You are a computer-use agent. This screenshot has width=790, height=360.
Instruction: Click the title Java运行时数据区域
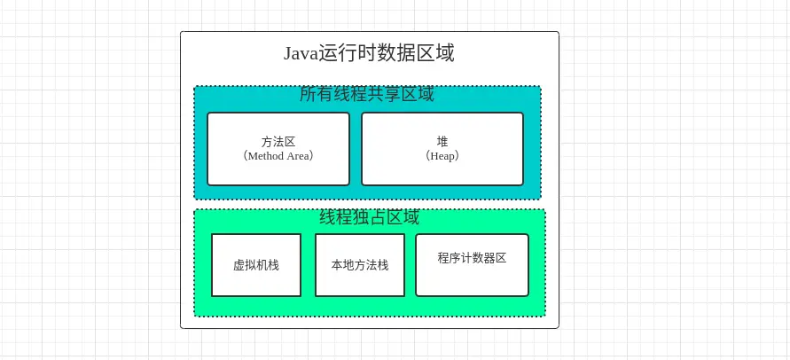coord(369,53)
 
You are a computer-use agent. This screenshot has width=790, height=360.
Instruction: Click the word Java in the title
coord(301,53)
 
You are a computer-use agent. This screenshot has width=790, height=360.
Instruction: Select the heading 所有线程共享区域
coord(366,94)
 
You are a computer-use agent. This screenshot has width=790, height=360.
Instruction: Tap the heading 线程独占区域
coord(369,217)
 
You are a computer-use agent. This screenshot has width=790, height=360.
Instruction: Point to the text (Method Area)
coord(278,155)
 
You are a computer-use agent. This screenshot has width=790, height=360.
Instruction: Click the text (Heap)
coord(442,155)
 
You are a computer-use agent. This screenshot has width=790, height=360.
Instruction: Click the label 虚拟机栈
coord(256,265)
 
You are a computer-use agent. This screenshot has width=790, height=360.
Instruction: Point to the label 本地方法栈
coord(359,265)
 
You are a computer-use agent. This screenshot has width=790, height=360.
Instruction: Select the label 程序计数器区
coord(472,258)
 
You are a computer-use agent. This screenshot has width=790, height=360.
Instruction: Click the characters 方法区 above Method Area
coord(278,141)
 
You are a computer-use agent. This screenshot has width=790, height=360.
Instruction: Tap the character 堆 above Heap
coord(442,141)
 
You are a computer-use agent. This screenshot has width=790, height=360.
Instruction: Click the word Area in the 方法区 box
coord(299,155)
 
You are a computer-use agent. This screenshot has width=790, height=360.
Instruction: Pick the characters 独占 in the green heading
coord(369,217)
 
